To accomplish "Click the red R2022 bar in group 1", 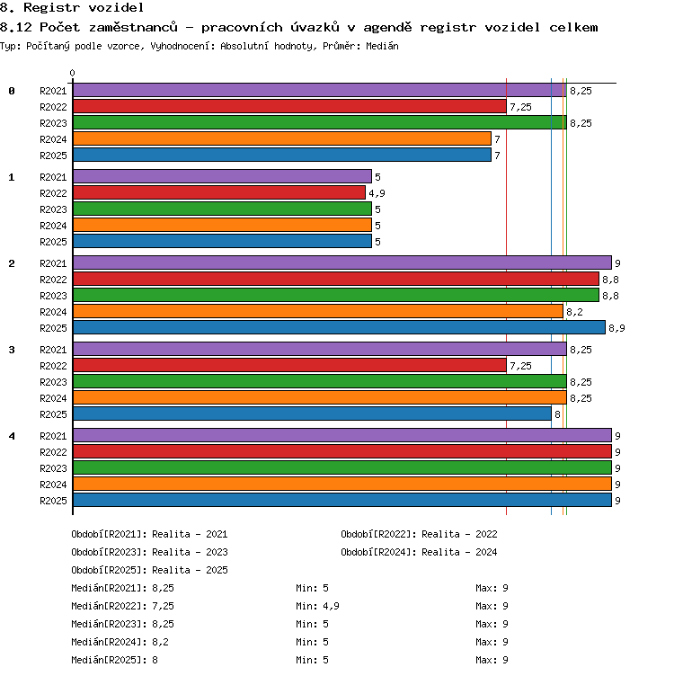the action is (219, 192).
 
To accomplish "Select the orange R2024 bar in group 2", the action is (318, 311).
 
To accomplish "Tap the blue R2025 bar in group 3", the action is (313, 414).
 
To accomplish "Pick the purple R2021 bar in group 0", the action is (320, 90).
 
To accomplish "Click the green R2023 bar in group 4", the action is (342, 467).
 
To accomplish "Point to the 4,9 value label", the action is (377, 193).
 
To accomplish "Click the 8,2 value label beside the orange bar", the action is (574, 312).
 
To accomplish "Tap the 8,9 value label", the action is (616, 328).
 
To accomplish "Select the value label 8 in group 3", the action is (557, 414).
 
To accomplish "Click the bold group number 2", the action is (12, 263).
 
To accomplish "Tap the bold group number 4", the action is (12, 436).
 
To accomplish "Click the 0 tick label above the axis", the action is (73, 73).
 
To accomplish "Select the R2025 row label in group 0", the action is (53, 156).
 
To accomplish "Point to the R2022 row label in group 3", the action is (53, 366).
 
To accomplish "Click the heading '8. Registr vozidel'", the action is (72, 7).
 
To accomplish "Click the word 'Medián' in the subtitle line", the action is (382, 46).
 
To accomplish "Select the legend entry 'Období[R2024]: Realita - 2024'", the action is (419, 552).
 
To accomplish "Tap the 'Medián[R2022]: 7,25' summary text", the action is (123, 606).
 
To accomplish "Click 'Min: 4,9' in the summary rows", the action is (317, 606).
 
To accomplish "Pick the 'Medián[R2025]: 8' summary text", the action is (115, 660).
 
